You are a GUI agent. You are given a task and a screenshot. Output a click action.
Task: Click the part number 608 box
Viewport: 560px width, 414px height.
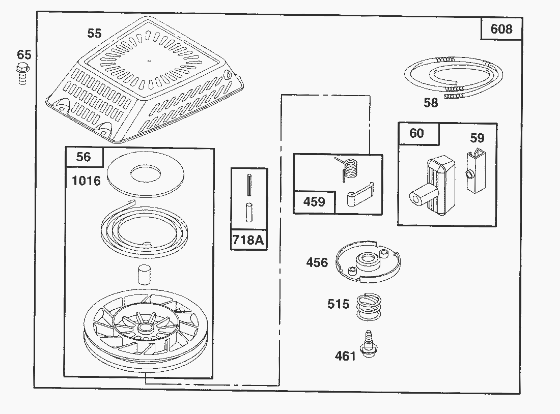(x=501, y=29)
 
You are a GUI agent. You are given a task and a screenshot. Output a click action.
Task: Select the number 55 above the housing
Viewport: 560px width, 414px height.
(x=94, y=34)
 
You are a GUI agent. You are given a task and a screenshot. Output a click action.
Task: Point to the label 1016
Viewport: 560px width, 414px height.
(x=86, y=181)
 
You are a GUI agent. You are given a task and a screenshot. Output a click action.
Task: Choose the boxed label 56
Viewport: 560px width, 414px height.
(x=83, y=157)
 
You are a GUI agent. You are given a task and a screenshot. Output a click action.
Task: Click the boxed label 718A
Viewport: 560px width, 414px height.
(x=248, y=240)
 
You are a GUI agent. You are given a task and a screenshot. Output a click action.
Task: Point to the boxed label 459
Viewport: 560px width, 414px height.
(x=314, y=202)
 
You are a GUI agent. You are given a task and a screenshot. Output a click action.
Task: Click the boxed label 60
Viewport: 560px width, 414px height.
(x=416, y=133)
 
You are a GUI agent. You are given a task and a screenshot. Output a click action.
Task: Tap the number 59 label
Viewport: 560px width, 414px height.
(x=477, y=138)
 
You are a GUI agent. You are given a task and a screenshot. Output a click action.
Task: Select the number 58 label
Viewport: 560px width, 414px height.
(x=431, y=103)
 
